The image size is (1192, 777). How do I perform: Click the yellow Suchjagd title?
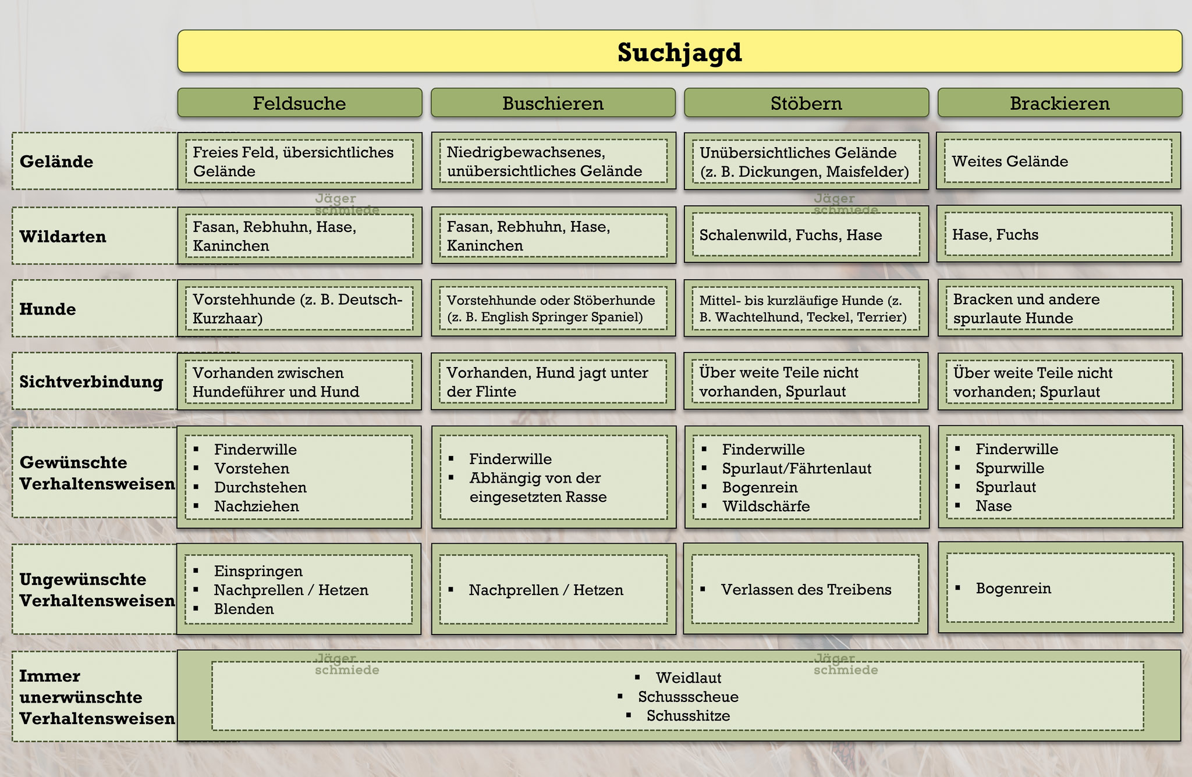click(x=679, y=52)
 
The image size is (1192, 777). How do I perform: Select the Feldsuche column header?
click(x=299, y=103)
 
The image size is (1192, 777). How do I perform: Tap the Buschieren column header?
click(x=553, y=103)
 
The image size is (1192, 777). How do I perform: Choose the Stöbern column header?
click(x=806, y=103)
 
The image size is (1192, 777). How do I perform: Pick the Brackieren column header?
click(x=1060, y=103)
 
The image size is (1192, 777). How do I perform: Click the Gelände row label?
click(x=56, y=161)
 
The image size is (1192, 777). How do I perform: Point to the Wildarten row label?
click(x=63, y=236)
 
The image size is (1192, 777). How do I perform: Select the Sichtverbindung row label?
click(x=91, y=382)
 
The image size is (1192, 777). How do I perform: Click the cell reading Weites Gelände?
click(x=1059, y=161)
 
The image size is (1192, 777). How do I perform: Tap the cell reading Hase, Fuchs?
click(x=1059, y=234)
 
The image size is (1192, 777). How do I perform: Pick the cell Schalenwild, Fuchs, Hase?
click(x=806, y=234)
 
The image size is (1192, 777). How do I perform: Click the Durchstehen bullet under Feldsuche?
click(x=260, y=487)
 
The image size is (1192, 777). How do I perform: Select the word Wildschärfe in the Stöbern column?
click(x=766, y=506)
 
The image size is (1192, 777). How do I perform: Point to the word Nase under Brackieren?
click(x=994, y=505)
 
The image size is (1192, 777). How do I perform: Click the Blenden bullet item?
click(x=244, y=609)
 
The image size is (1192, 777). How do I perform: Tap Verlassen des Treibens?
click(x=806, y=589)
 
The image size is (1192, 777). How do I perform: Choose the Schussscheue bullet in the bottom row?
click(x=688, y=697)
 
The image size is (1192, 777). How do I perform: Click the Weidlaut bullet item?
click(x=689, y=678)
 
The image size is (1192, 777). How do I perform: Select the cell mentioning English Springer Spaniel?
click(x=554, y=308)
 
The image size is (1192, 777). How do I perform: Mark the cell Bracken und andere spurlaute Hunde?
click(x=1060, y=308)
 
